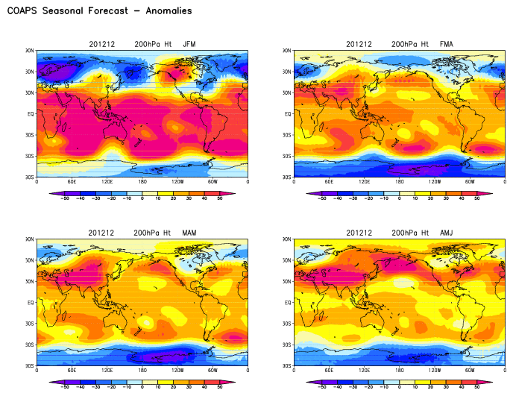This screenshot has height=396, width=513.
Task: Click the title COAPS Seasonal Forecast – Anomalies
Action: tap(99, 11)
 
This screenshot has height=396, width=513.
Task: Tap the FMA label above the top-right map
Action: tap(446, 44)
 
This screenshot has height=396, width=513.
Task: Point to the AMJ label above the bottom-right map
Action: tap(446, 233)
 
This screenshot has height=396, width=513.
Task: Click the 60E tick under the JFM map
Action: tap(72, 181)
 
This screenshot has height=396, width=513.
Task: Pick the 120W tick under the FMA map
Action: tap(435, 181)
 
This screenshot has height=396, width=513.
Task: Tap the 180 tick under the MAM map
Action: tap(142, 371)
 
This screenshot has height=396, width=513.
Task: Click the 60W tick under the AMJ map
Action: tap(470, 371)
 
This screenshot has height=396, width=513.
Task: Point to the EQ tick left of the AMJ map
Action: tap(287, 303)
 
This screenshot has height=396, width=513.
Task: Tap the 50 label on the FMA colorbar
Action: tap(477, 199)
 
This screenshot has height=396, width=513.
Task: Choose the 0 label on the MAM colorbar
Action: tap(142, 388)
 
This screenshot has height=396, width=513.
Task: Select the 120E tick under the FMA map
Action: tap(364, 181)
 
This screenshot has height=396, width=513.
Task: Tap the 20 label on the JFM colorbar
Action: tap(173, 199)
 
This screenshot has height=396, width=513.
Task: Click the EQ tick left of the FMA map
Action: tap(287, 114)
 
